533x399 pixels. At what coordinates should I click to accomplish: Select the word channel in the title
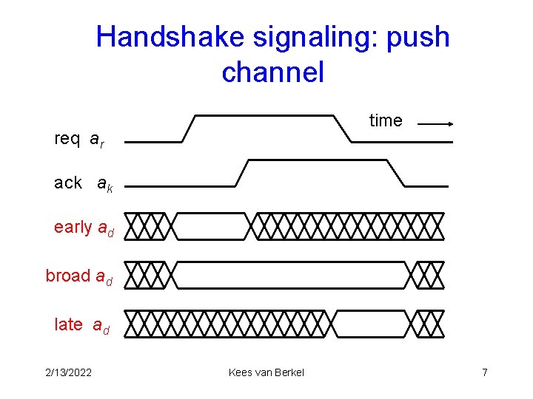pyautogui.click(x=272, y=72)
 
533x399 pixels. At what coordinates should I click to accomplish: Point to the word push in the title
pyautogui.click(x=418, y=37)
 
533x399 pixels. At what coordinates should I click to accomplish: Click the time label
pyautogui.click(x=385, y=120)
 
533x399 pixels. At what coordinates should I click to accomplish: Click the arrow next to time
pyautogui.click(x=435, y=125)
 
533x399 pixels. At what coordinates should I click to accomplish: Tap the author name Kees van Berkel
pyautogui.click(x=266, y=372)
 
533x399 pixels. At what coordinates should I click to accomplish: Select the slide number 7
pyautogui.click(x=485, y=372)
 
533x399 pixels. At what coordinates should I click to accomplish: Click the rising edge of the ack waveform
pyautogui.click(x=242, y=172)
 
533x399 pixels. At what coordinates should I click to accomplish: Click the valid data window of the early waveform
pyautogui.click(x=211, y=227)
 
